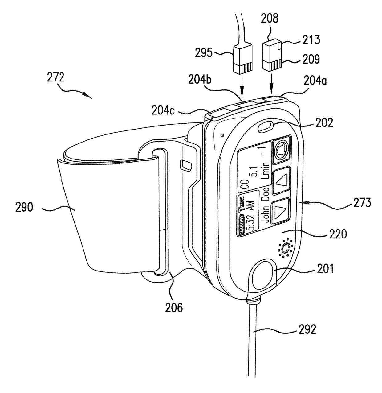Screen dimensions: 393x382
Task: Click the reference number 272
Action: coord(55,77)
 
